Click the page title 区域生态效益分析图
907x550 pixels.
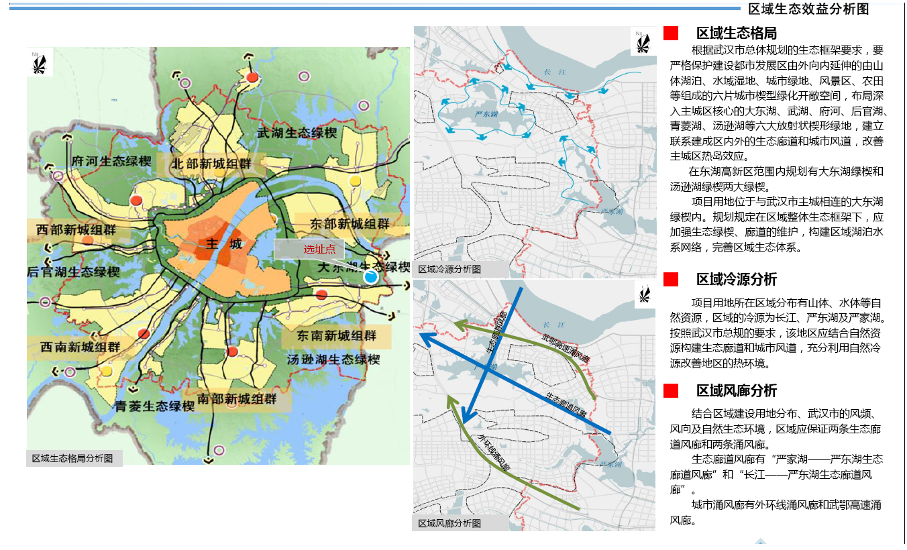(x=808, y=9)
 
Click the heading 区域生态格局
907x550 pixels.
(x=736, y=34)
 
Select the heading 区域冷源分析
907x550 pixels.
(x=736, y=279)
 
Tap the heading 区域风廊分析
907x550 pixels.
(x=736, y=390)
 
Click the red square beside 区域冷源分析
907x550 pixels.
(x=671, y=279)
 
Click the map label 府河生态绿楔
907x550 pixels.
(x=112, y=161)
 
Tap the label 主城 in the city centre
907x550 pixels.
(x=225, y=244)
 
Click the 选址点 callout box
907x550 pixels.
(x=309, y=250)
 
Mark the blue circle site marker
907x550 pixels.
(x=370, y=276)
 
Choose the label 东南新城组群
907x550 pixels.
(x=337, y=336)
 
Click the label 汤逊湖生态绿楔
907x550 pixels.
(x=333, y=360)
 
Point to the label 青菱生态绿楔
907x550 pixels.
(x=154, y=406)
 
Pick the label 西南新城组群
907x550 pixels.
(x=81, y=347)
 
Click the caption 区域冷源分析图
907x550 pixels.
(x=449, y=270)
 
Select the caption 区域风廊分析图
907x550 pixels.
(x=449, y=523)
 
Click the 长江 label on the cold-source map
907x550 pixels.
(x=554, y=72)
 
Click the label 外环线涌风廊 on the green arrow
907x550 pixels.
(x=494, y=453)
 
